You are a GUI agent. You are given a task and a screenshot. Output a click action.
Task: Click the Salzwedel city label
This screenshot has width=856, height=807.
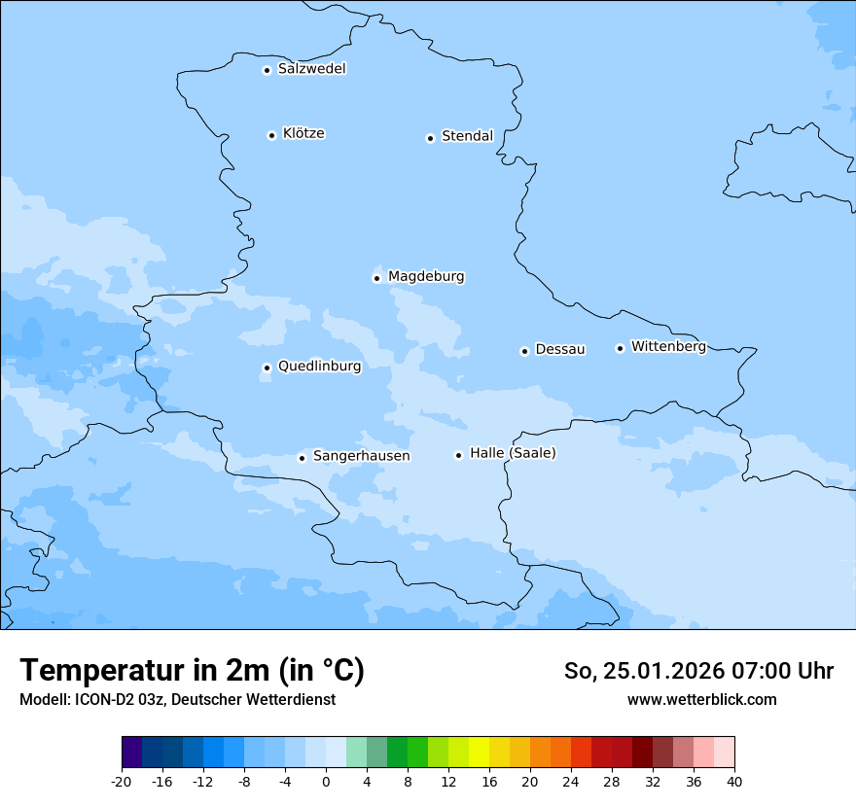(311, 69)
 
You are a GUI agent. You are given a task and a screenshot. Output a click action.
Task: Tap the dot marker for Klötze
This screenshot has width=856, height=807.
(271, 135)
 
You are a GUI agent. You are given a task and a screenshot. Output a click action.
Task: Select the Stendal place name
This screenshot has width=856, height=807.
(467, 136)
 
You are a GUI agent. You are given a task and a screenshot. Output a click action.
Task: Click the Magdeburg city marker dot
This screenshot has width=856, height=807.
(376, 278)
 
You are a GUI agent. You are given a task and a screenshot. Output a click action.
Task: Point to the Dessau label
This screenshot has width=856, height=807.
(560, 349)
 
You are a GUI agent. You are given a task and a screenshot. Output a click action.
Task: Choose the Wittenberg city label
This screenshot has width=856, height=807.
(668, 346)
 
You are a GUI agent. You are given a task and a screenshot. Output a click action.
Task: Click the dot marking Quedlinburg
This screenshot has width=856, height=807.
(267, 368)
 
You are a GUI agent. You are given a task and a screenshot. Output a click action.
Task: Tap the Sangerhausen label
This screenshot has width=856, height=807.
(361, 456)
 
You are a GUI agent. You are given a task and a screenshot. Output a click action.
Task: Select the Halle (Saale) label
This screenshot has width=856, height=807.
(513, 453)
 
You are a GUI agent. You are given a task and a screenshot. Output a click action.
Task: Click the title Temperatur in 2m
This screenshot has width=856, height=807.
(192, 671)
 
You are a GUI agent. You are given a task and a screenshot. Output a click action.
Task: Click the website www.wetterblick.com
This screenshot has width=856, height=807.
(701, 699)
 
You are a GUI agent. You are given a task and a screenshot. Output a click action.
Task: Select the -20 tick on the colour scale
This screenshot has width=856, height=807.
(122, 781)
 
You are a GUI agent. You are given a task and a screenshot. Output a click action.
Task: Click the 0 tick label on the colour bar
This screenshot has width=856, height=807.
(326, 781)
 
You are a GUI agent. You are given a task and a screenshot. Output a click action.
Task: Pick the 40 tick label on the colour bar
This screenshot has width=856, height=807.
(733, 781)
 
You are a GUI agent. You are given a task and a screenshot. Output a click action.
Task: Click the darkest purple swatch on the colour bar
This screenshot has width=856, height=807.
(131, 753)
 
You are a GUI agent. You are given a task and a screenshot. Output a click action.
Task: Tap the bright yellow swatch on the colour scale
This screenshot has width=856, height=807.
(479, 753)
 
